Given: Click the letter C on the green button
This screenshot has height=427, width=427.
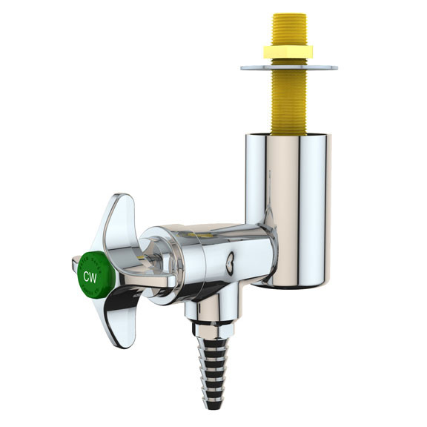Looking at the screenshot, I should (x=85, y=277).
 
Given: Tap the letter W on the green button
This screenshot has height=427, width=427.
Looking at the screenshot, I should (x=93, y=277).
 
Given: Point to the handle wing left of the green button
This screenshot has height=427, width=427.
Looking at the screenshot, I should (x=75, y=260).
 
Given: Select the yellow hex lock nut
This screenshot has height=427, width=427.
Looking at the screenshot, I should (x=288, y=52).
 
